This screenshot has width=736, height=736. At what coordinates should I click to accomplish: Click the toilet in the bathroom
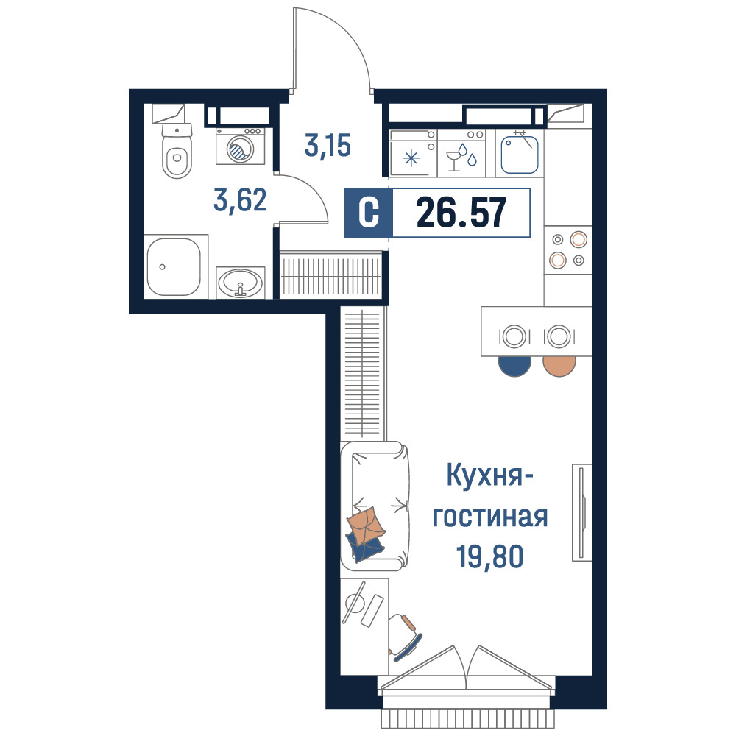click(177, 150)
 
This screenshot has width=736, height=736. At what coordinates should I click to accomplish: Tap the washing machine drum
click(241, 149)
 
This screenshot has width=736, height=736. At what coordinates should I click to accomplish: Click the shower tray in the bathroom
click(174, 266)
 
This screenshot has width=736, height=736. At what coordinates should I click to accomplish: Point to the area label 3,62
click(240, 200)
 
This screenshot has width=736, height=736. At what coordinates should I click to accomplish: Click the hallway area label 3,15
click(328, 146)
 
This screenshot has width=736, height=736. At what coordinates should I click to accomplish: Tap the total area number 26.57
click(461, 213)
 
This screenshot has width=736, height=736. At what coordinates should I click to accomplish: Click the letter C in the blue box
click(369, 213)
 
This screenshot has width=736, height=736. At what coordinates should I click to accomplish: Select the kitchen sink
click(519, 155)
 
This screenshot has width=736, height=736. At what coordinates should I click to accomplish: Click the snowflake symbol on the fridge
click(411, 158)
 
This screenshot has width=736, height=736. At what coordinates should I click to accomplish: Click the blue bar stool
click(514, 366)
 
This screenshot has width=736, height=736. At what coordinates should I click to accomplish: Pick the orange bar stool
click(559, 366)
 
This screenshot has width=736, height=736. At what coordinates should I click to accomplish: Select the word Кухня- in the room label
click(489, 475)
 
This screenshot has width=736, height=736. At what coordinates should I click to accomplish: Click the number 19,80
click(489, 556)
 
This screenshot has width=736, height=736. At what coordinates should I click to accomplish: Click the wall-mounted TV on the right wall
click(582, 512)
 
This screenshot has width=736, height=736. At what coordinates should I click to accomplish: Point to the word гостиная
click(489, 517)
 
